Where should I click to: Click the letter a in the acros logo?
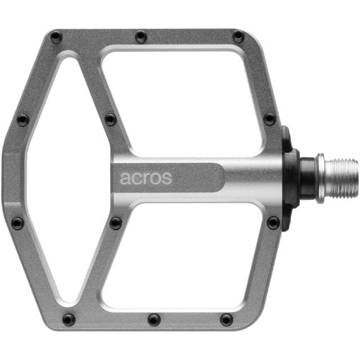125,179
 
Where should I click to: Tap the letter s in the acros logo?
167,179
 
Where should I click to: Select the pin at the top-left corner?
56,37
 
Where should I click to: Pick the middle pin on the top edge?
141,37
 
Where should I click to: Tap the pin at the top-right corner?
239,36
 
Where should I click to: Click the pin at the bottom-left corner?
69,319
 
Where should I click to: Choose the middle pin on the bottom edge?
154,319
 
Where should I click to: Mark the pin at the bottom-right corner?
227,319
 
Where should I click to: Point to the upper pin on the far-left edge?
23,119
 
